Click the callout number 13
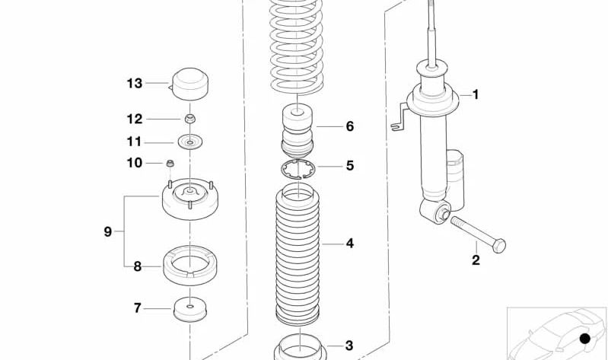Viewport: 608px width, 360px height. pyautogui.click(x=135, y=83)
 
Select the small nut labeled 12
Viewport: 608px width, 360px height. pyautogui.click(x=190, y=119)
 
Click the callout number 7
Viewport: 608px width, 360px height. pyautogui.click(x=137, y=308)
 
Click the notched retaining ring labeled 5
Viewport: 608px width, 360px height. pyautogui.click(x=298, y=169)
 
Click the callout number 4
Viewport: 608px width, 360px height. pyautogui.click(x=349, y=244)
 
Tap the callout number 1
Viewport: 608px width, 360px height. pyautogui.click(x=476, y=95)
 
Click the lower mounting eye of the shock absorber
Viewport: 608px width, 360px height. pyautogui.click(x=438, y=211)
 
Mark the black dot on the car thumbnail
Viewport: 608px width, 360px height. pyautogui.click(x=584, y=339)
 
